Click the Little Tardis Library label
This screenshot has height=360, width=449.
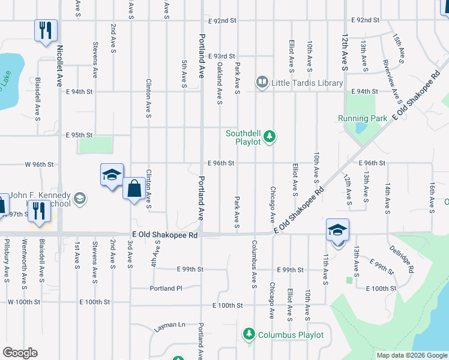[307, 82]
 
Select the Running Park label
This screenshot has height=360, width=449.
[363, 118]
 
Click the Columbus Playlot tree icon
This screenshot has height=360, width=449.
[249, 334]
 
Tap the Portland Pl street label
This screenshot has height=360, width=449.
[166, 288]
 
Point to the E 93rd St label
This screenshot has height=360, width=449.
[221, 56]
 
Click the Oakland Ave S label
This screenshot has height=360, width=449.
[220, 84]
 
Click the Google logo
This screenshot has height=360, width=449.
[20, 353]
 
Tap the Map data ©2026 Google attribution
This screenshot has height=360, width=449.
[412, 355]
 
